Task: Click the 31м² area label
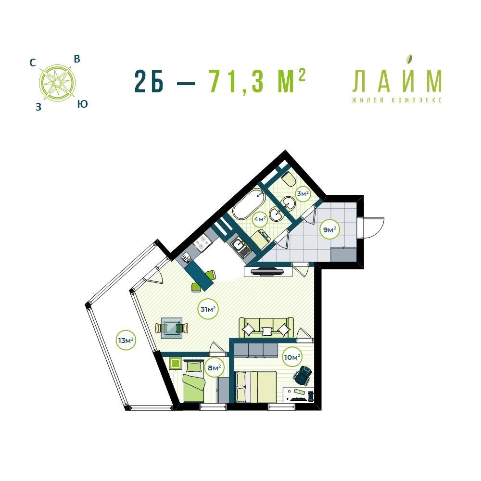pos(208,309)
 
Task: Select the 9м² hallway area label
pos(330,229)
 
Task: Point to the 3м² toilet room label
pos(303,193)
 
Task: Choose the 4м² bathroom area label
pos(259,219)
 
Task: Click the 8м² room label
pos(215,367)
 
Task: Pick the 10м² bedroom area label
pos(292,357)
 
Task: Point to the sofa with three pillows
pos(266,328)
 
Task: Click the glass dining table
pos(172,328)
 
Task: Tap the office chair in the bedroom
pos(303,375)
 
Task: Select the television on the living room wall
pos(267,271)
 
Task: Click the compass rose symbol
pos(57,83)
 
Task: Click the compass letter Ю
pos(82,104)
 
